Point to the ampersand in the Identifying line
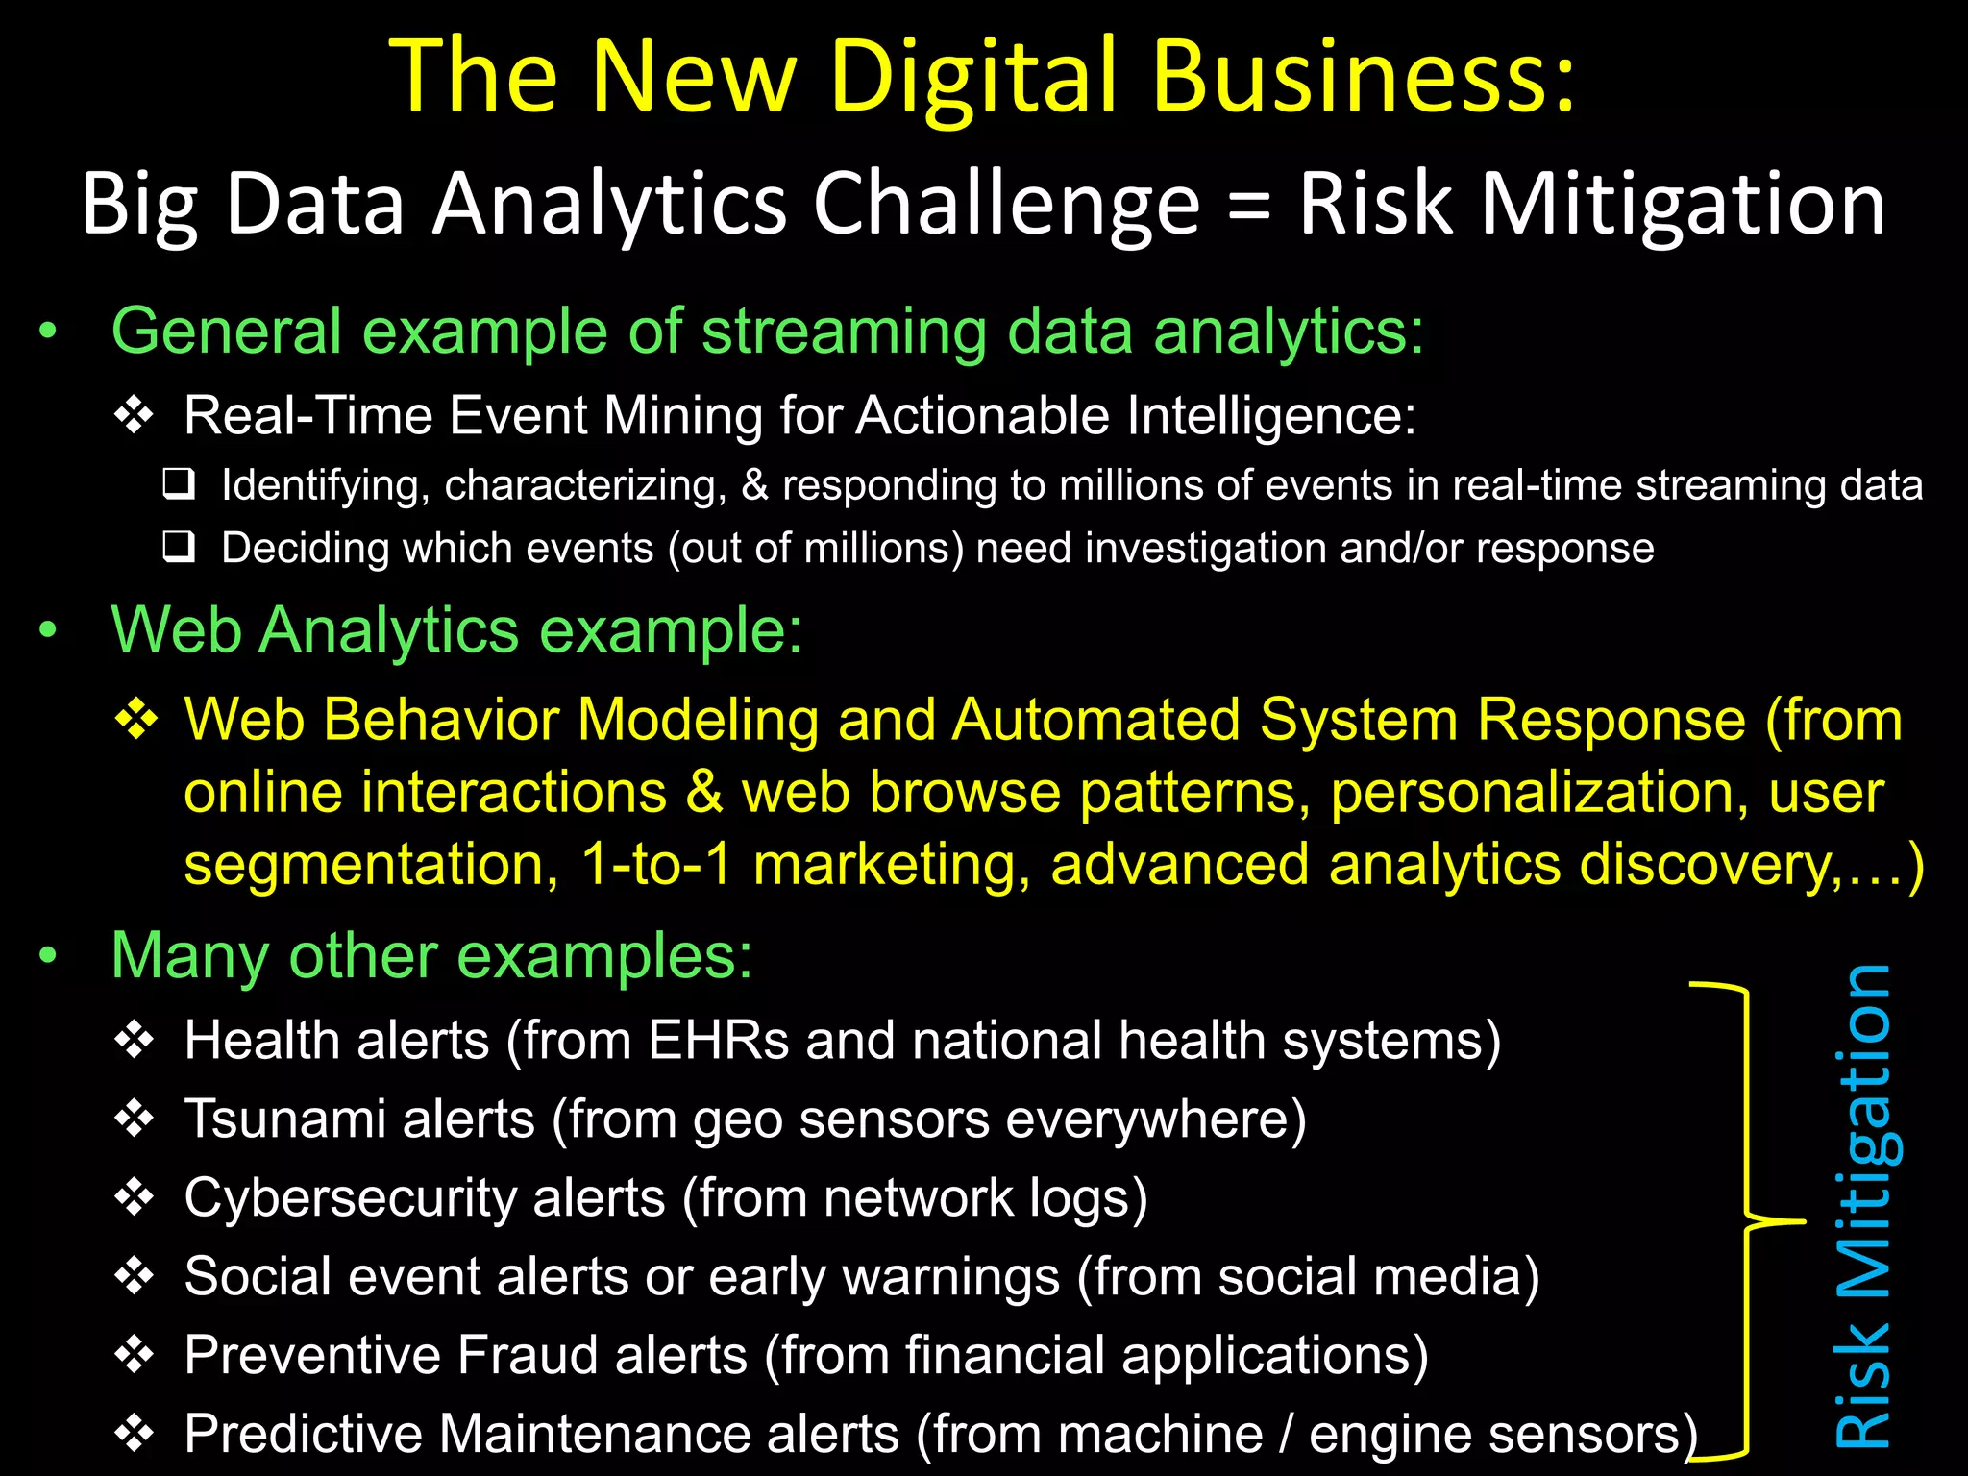[x=754, y=485]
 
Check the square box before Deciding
[x=179, y=547]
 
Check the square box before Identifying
[x=179, y=484]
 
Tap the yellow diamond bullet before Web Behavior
[x=135, y=720]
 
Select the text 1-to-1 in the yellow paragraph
[x=656, y=864]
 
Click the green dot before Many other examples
[x=48, y=956]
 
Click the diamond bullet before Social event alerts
[x=135, y=1276]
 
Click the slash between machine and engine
[x=1286, y=1435]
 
